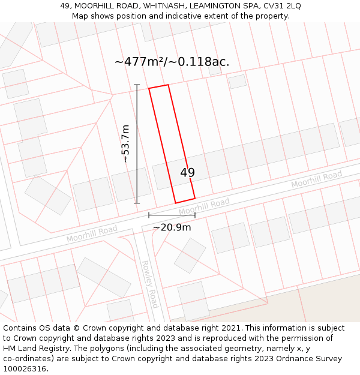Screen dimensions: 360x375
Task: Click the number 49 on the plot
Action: (x=187, y=173)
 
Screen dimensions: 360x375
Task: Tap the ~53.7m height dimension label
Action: (x=125, y=144)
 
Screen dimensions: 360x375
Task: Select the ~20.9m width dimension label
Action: (x=172, y=227)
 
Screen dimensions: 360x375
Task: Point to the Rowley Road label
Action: (x=149, y=284)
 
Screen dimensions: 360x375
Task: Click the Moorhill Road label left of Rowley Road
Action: (x=92, y=234)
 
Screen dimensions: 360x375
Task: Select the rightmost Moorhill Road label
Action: (x=316, y=179)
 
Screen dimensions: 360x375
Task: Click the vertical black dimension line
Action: (x=137, y=144)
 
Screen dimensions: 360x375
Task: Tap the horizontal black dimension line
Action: (x=172, y=214)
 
